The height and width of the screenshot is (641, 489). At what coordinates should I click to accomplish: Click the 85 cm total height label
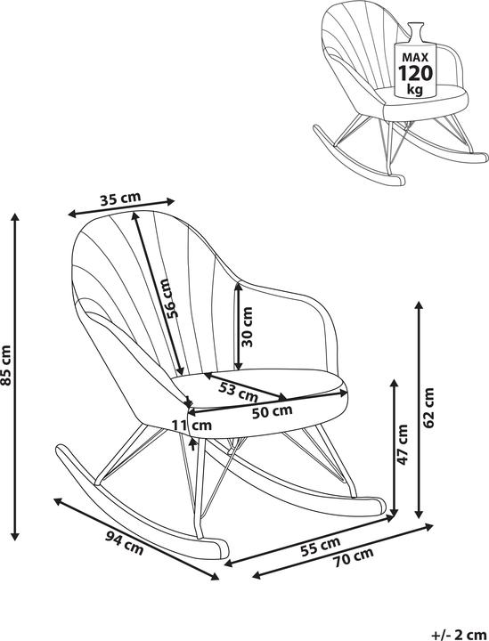tap(6, 366)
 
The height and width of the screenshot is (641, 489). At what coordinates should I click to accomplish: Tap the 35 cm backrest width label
tap(120, 199)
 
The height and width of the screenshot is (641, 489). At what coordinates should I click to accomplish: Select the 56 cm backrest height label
tap(171, 298)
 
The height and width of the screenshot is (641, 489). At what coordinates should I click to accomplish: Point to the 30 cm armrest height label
tap(247, 327)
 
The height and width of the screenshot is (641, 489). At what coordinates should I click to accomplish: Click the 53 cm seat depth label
tap(238, 391)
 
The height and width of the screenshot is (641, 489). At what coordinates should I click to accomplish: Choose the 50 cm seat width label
tap(272, 411)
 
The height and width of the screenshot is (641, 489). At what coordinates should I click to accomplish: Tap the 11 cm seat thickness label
tap(192, 426)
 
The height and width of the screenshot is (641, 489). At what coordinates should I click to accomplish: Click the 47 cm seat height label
tap(403, 444)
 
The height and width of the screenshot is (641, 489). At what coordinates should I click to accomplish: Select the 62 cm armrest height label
tap(428, 408)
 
